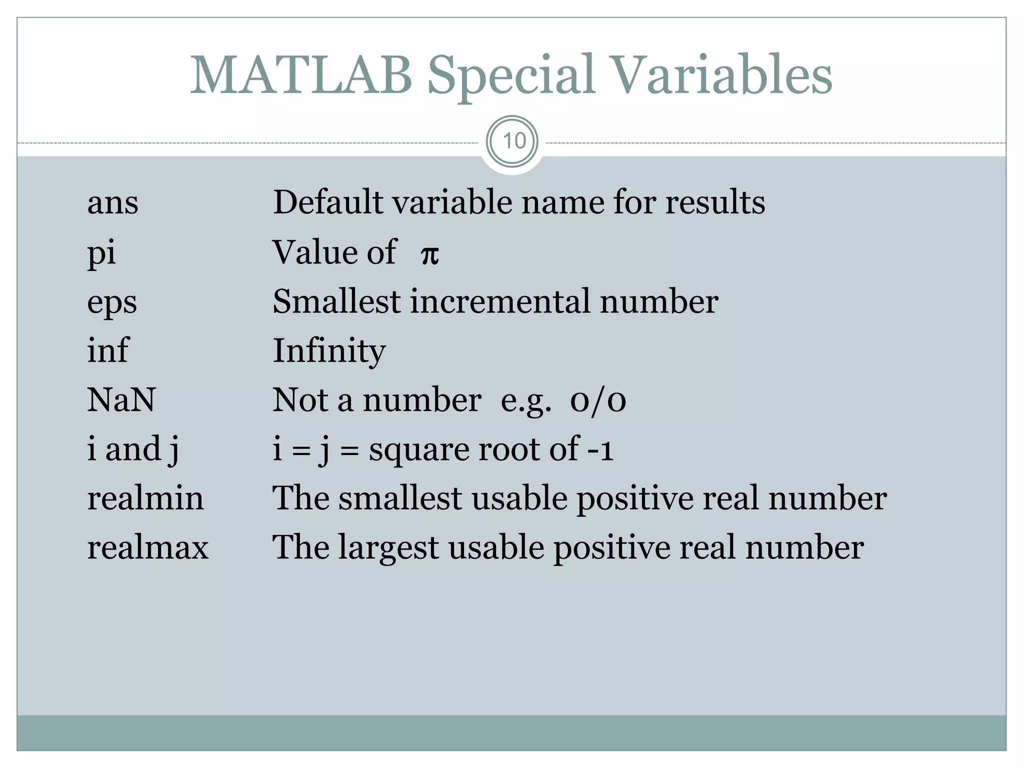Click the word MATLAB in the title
[301, 75]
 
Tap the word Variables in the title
[721, 75]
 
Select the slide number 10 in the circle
[513, 141]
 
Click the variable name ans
[112, 202]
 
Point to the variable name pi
[101, 252]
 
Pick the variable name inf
[108, 350]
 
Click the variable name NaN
[121, 400]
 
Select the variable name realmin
[145, 498]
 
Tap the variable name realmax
[147, 547]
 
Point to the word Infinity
[329, 351]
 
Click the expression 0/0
[598, 401]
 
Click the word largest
[388, 548]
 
